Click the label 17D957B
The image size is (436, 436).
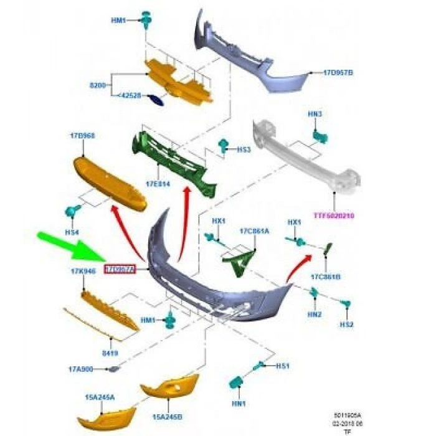(x=338, y=73)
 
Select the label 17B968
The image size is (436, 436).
(x=82, y=135)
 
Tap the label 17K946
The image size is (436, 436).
(x=82, y=271)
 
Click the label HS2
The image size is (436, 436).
(x=346, y=325)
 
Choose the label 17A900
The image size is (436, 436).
(x=82, y=369)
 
